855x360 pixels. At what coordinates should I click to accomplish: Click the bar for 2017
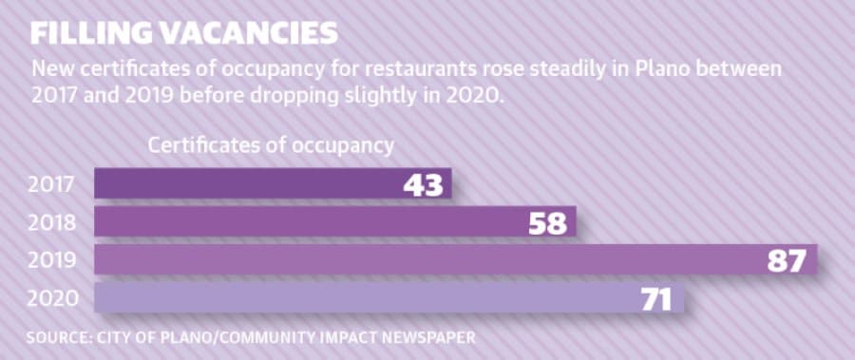(x=273, y=183)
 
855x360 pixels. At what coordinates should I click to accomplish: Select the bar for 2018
(x=334, y=221)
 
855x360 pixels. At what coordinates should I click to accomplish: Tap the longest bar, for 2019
(x=456, y=259)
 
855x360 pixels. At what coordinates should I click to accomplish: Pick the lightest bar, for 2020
(x=389, y=298)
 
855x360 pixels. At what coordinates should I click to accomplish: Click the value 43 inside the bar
(x=423, y=186)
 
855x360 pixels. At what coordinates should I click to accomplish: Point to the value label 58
(x=548, y=224)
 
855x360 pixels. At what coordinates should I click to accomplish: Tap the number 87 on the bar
(x=787, y=262)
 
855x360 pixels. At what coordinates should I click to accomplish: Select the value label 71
(x=656, y=300)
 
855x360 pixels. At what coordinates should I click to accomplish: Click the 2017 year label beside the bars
(x=50, y=186)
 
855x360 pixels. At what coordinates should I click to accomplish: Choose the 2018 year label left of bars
(x=51, y=223)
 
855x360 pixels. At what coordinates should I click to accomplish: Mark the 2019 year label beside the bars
(x=51, y=262)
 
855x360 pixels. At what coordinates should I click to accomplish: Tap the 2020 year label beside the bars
(x=52, y=299)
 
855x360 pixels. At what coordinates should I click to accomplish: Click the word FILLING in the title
(x=90, y=34)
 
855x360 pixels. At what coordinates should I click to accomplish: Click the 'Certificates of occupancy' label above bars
(x=271, y=146)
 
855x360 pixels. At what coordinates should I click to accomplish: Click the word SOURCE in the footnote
(x=57, y=337)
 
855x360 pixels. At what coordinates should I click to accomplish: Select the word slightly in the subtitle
(x=358, y=97)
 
